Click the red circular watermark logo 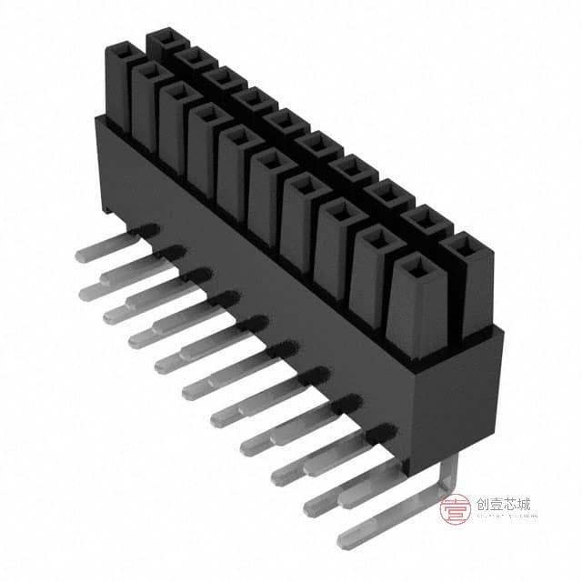click(455, 509)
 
